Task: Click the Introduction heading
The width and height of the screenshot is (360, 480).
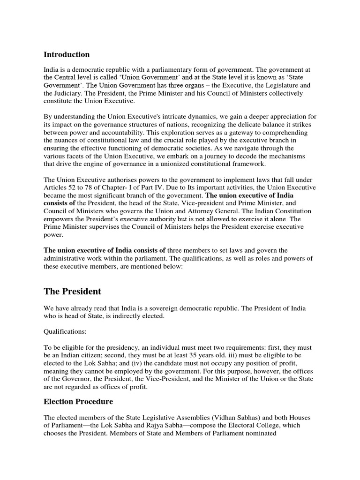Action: (67, 54)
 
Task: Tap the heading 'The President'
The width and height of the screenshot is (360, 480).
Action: (72, 292)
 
